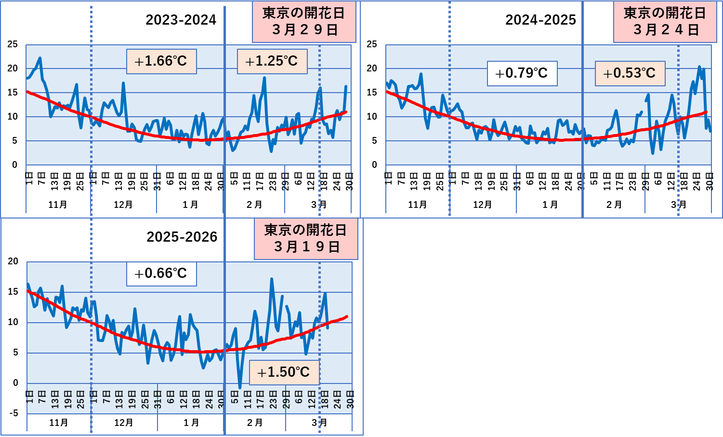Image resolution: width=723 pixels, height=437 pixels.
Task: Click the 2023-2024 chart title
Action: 181,20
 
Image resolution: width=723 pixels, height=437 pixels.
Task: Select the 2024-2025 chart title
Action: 540,20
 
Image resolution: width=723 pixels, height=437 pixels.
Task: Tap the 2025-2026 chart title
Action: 182,237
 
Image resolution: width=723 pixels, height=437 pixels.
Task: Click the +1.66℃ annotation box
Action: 161,61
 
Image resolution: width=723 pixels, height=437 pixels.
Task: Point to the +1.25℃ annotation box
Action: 272,61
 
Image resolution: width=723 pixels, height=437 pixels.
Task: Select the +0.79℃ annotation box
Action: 522,73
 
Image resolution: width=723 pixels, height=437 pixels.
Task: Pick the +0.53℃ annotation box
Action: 630,73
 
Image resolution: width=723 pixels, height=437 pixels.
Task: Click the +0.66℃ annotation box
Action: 161,273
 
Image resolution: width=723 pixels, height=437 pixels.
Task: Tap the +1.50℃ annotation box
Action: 284,372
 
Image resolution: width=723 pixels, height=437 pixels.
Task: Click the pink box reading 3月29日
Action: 304,22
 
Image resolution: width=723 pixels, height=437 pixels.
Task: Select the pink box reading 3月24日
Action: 665,22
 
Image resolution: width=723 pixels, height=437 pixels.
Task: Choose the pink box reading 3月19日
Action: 306,239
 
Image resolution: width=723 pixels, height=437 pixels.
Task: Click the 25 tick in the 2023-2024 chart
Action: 13,44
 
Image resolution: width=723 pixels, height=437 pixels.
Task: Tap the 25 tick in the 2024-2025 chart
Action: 372,44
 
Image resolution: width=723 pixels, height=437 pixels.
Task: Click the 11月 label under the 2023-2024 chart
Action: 58,205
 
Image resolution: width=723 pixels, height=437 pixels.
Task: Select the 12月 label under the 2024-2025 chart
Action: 483,205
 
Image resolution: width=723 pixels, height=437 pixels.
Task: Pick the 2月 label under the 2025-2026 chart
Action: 254,423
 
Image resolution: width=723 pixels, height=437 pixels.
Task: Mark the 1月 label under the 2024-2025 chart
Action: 550,205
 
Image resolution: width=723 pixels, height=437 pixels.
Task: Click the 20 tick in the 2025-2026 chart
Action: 13,261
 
